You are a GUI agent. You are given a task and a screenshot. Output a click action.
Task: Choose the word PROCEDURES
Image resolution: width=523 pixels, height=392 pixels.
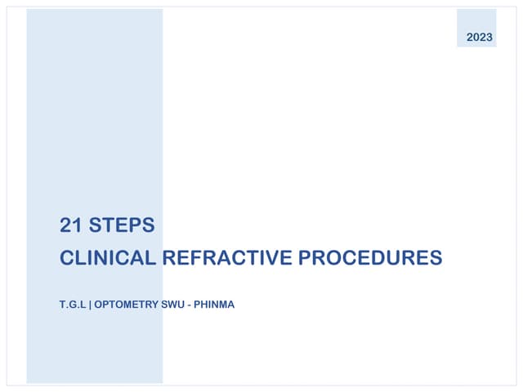[x=369, y=258]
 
